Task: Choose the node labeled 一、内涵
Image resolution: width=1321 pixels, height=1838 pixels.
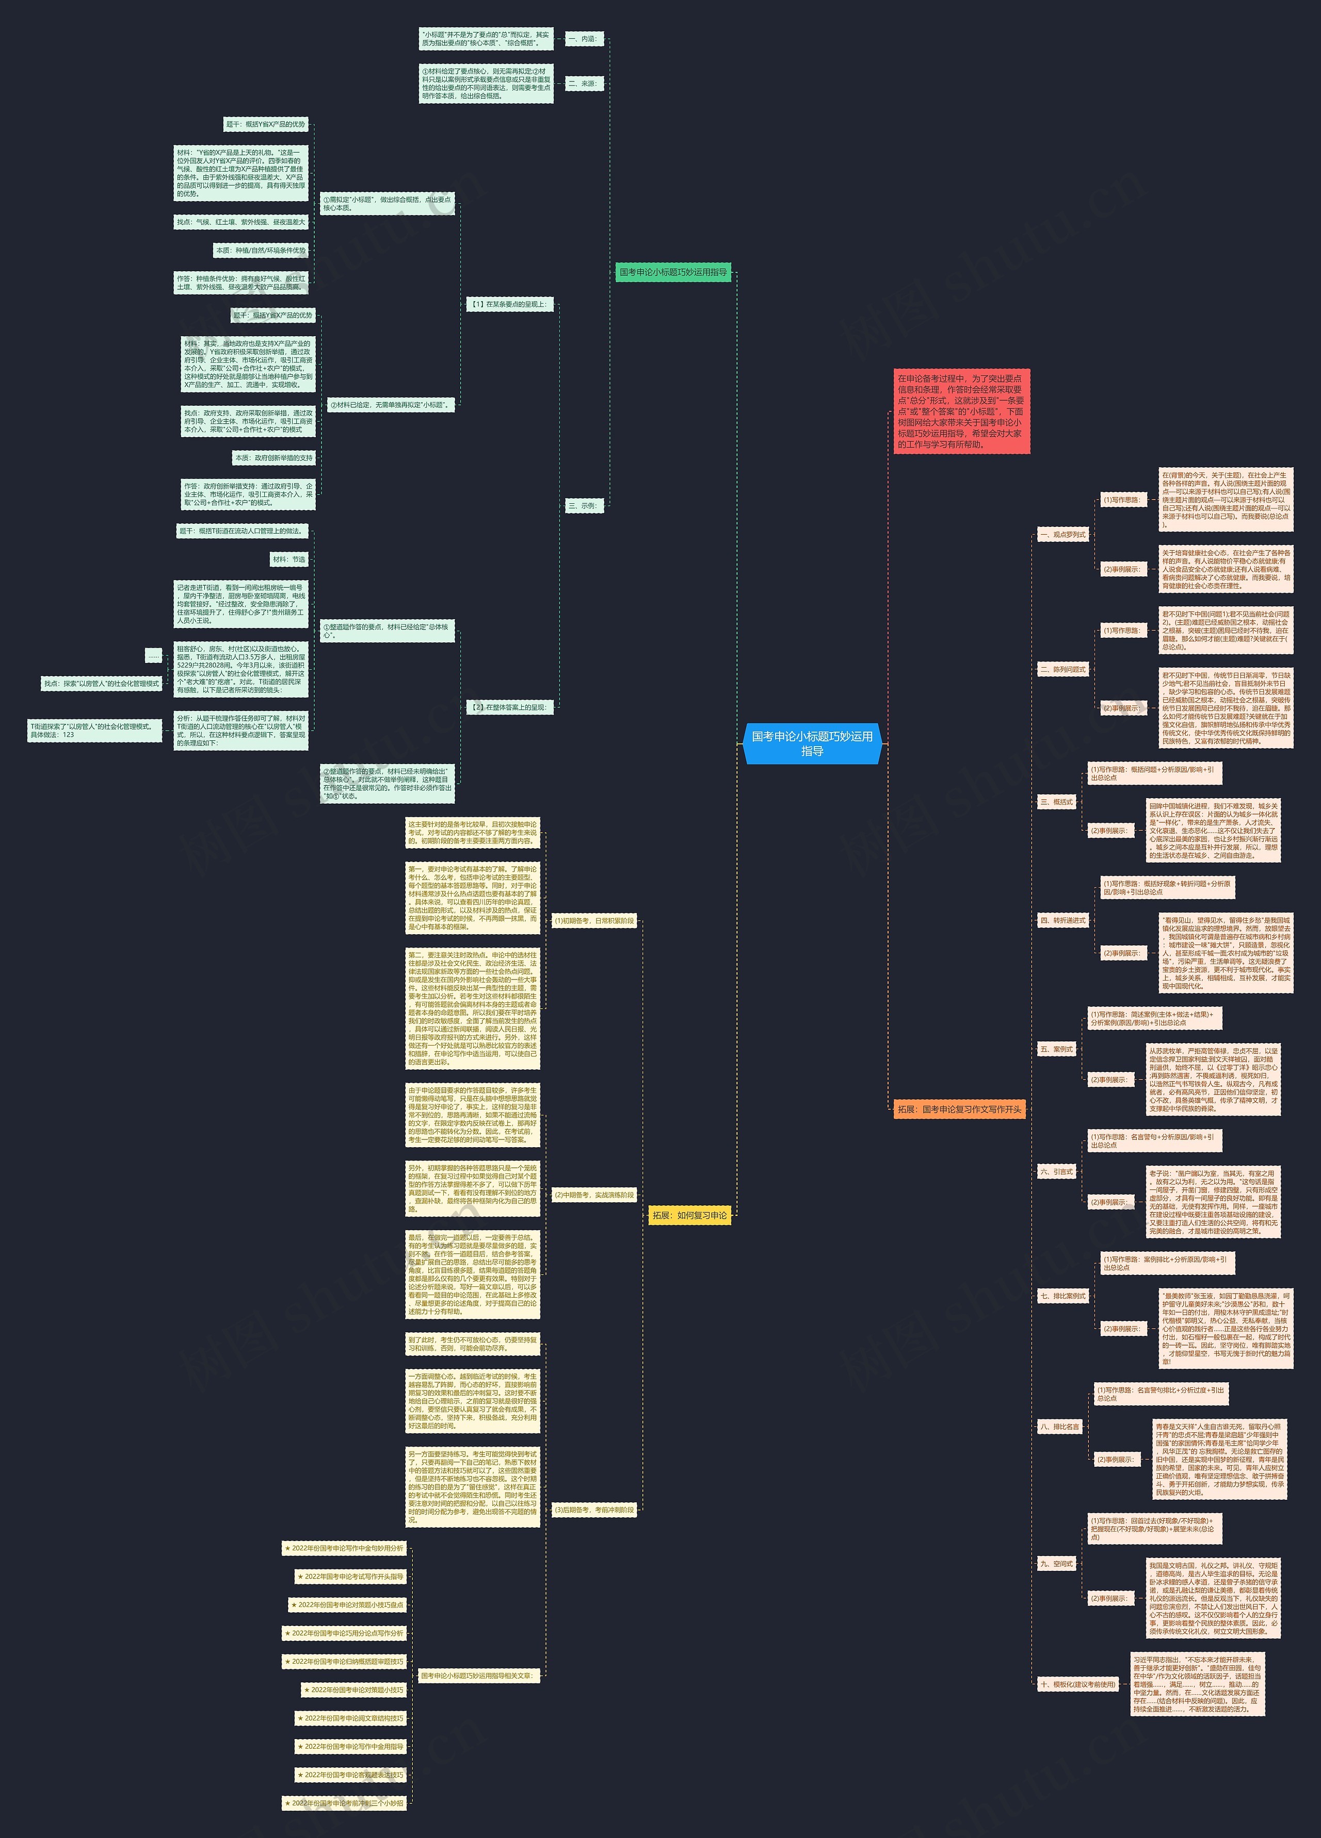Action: (583, 39)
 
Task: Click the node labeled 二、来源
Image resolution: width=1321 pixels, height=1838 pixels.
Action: (583, 84)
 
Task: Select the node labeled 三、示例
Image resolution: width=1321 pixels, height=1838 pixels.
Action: (583, 506)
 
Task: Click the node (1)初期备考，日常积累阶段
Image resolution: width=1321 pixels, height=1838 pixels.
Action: (593, 921)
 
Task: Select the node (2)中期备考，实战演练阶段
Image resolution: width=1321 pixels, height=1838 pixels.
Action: (593, 1195)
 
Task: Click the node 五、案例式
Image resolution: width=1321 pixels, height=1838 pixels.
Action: (1056, 1049)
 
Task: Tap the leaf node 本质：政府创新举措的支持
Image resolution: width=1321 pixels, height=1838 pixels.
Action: (273, 458)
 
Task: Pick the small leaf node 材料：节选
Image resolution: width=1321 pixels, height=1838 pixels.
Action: (288, 559)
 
